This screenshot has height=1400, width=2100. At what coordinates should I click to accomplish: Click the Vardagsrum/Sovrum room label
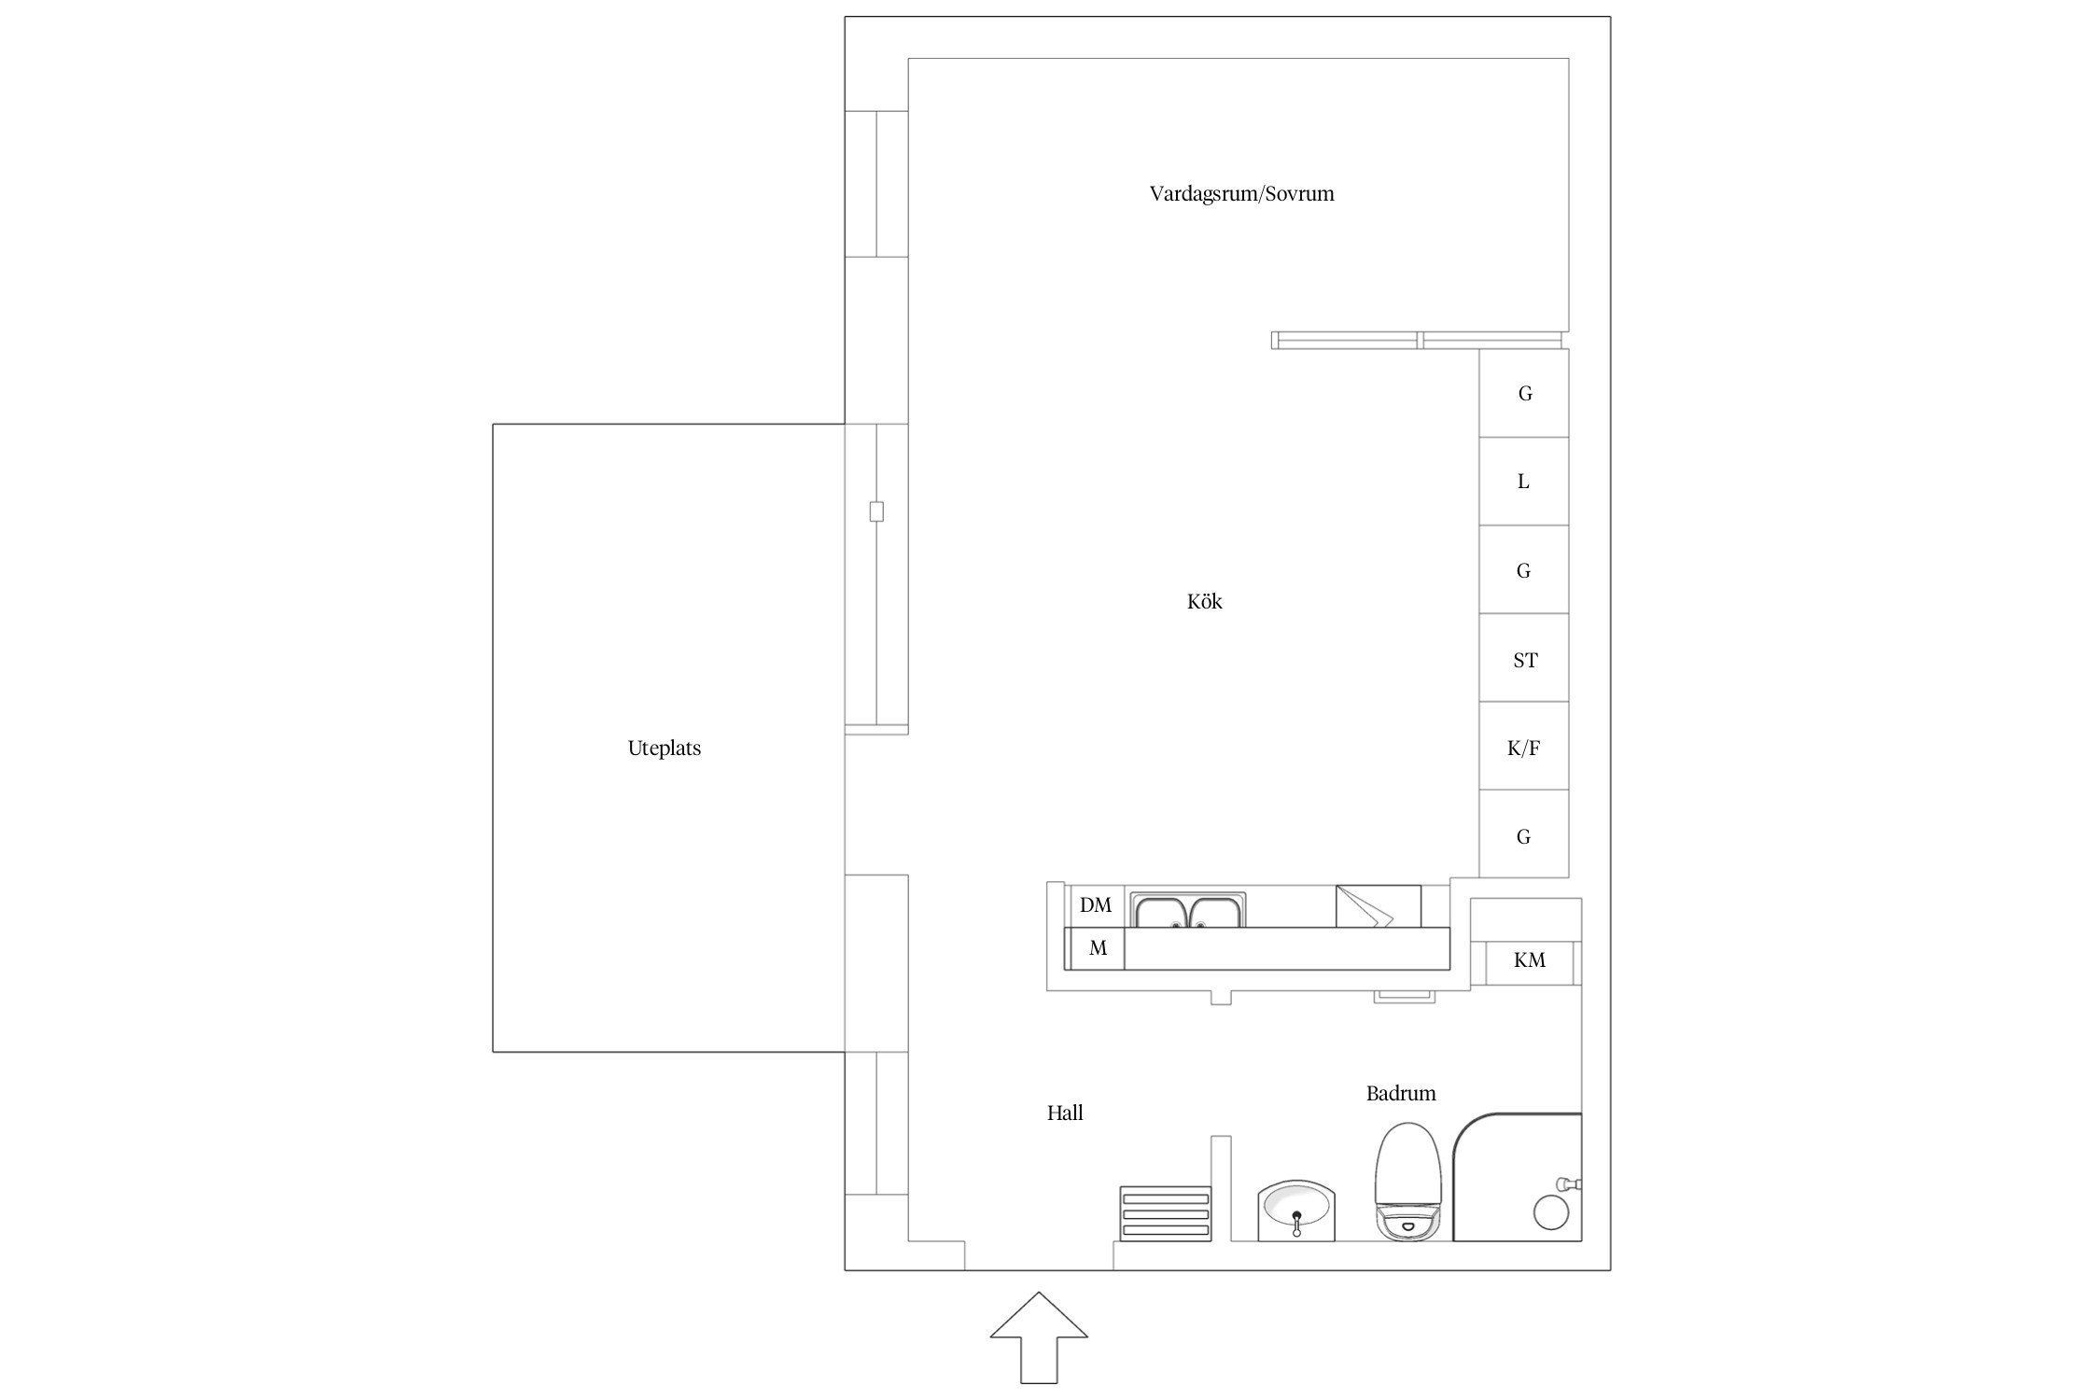[x=1241, y=194]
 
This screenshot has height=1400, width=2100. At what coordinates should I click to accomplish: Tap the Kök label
[x=1204, y=601]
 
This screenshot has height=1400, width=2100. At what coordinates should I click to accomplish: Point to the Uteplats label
[x=664, y=749]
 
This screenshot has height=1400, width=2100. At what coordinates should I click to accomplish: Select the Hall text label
[x=1065, y=1113]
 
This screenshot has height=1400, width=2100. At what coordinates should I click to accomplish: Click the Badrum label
[x=1401, y=1093]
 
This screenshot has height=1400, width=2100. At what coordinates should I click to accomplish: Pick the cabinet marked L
[x=1523, y=482]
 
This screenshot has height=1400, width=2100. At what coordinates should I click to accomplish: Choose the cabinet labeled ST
[x=1523, y=658]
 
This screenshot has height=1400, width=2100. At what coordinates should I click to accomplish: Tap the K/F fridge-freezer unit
[x=1523, y=747]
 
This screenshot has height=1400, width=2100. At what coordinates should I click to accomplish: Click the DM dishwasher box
[x=1096, y=905]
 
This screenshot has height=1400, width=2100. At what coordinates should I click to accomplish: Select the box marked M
[x=1096, y=949]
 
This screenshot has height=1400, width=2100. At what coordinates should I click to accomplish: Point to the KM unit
[x=1530, y=959]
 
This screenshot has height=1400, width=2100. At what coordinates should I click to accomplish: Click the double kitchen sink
[x=1187, y=911]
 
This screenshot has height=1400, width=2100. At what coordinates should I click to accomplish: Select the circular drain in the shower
[x=1551, y=1213]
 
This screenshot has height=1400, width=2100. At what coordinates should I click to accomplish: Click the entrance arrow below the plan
[x=1039, y=1350]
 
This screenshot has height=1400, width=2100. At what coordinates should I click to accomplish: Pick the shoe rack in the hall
[x=1165, y=1214]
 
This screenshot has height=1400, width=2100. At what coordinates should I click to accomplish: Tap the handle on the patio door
[x=876, y=511]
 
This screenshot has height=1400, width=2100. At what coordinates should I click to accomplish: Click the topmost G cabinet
[x=1523, y=393]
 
